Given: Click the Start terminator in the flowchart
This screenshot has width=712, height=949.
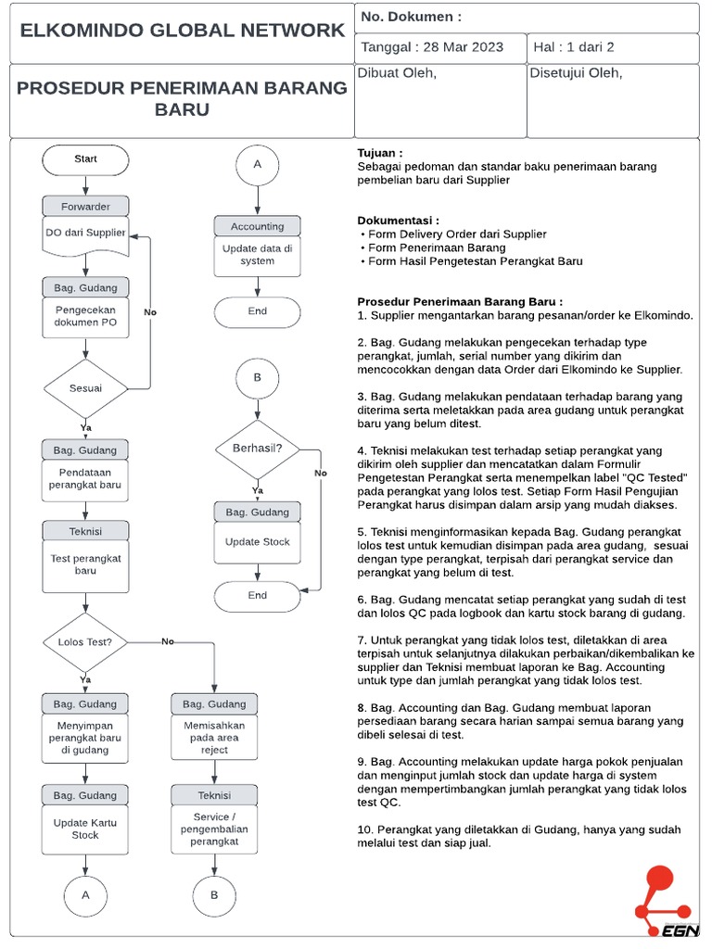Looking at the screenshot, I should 85,159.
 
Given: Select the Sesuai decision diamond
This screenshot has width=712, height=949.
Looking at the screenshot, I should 85,388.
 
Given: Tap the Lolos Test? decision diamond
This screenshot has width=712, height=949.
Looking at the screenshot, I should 85,641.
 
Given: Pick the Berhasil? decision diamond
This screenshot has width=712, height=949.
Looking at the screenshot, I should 257,449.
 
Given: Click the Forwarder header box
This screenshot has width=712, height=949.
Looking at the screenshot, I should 85,207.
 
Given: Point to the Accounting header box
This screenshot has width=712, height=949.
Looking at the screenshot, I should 257,226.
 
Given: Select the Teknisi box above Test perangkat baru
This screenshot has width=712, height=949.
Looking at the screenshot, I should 85,531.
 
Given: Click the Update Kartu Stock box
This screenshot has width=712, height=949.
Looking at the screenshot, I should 85,829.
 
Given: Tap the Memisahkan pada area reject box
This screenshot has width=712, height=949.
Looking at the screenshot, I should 214,738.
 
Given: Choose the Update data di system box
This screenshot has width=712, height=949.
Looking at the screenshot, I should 257,255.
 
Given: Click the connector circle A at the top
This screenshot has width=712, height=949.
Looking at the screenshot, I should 258,165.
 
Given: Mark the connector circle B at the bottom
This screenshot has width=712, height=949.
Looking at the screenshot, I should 214,895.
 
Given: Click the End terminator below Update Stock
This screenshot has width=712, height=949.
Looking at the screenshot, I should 257,596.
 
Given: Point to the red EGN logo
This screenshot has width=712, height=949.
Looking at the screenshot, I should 663,903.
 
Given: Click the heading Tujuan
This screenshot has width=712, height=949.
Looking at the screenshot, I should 380,153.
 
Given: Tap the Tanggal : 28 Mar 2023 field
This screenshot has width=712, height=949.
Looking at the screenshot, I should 432,47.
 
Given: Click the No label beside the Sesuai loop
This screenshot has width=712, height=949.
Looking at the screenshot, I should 150,312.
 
